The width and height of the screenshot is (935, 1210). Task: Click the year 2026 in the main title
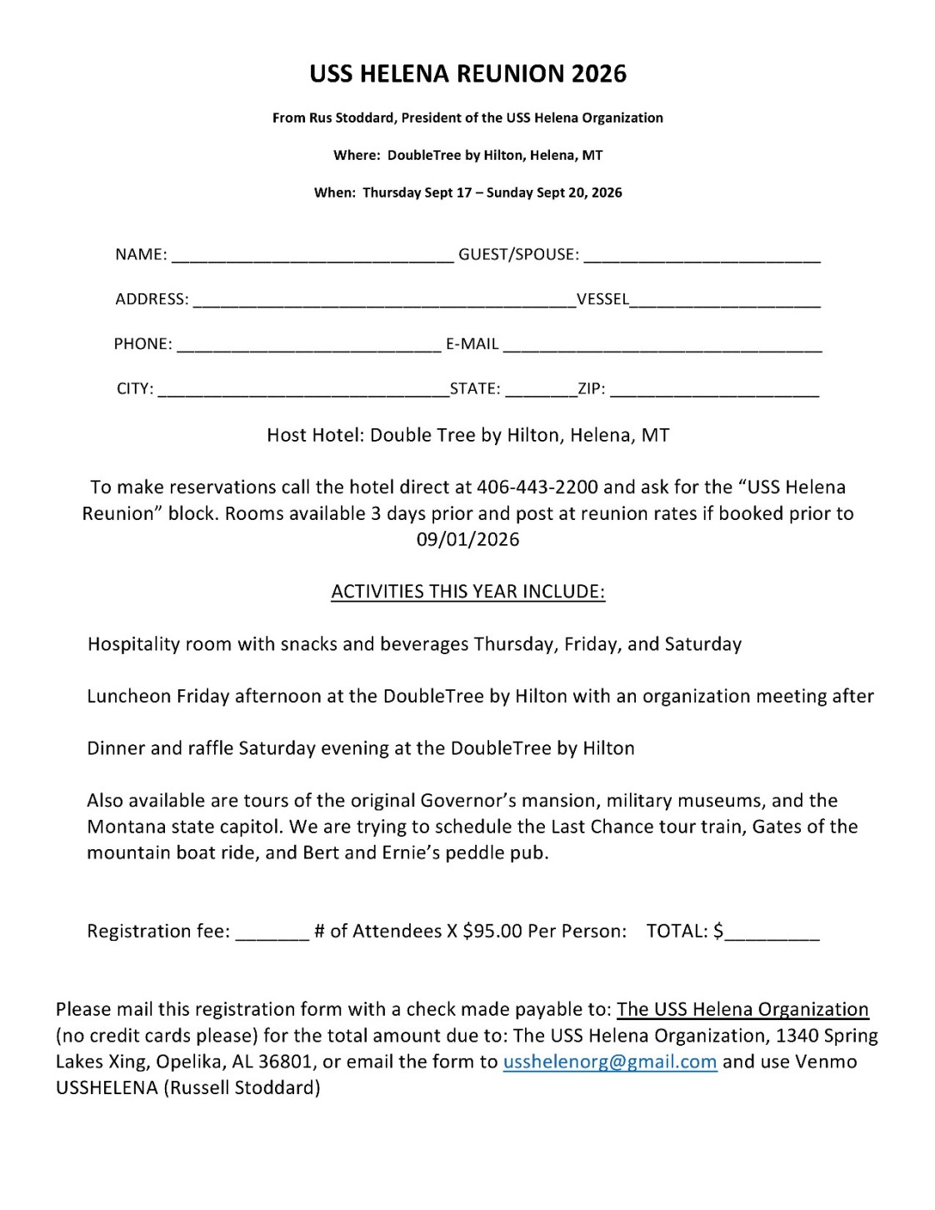pyautogui.click(x=598, y=74)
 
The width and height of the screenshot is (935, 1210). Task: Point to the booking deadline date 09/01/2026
pyautogui.click(x=467, y=540)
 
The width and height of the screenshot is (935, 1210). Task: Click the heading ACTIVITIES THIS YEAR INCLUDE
pyautogui.click(x=467, y=592)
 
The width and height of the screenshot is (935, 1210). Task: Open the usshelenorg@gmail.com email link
pyautogui.click(x=610, y=1062)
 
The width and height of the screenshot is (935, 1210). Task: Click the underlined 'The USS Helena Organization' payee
pyautogui.click(x=742, y=1010)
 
